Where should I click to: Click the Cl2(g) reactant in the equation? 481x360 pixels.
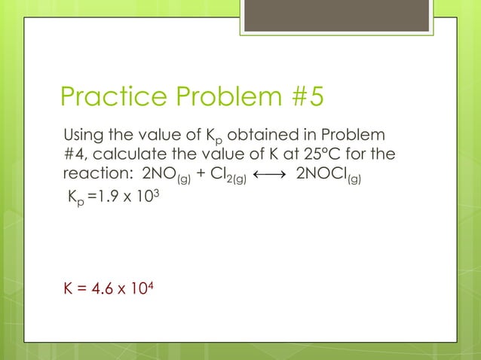click(x=222, y=173)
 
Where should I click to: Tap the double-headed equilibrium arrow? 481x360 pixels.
click(x=268, y=172)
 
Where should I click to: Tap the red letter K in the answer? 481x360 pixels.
click(x=67, y=287)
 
